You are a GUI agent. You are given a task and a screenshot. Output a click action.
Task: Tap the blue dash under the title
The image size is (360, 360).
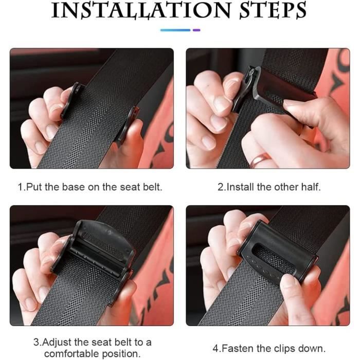[175, 30]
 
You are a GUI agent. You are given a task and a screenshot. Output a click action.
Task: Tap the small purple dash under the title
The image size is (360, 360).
[196, 30]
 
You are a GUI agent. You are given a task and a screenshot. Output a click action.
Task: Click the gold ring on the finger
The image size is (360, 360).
[260, 159]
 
